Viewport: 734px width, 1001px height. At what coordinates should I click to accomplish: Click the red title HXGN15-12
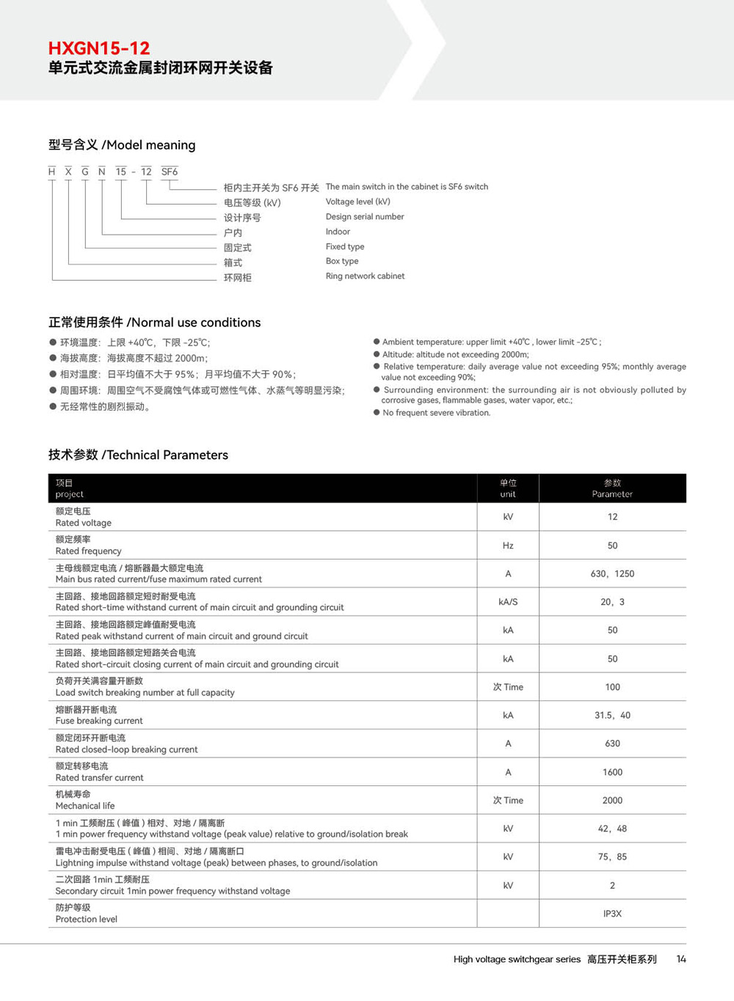[99, 48]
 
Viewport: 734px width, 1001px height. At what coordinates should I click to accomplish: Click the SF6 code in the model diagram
[170, 172]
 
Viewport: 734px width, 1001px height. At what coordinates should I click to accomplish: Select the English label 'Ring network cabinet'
[365, 276]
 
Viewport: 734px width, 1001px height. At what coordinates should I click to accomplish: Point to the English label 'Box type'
[342, 261]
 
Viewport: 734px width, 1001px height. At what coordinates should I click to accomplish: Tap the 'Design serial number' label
[365, 217]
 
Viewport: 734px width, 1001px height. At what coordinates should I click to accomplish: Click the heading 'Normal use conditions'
[195, 323]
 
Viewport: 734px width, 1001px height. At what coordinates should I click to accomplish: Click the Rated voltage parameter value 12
[612, 517]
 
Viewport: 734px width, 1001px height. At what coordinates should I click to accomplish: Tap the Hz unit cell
[508, 546]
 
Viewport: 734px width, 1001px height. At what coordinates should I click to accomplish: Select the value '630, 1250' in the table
[612, 574]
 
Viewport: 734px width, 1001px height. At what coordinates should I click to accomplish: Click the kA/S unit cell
[508, 602]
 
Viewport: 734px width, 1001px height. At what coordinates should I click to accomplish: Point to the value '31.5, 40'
[612, 716]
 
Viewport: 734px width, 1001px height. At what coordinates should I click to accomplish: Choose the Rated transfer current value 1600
[612, 772]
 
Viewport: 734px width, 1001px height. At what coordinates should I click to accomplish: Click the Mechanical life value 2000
[612, 801]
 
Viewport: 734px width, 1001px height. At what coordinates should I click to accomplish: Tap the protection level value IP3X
[612, 914]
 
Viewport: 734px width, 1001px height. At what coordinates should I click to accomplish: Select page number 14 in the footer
[681, 959]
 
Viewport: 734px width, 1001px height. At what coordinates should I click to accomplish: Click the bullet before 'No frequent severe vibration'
[377, 413]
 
